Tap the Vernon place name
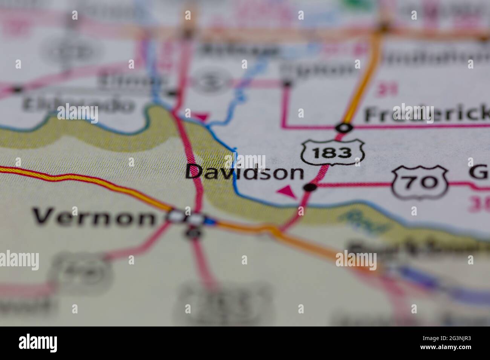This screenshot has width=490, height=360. (x=94, y=217)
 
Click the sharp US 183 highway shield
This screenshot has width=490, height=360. (x=332, y=153)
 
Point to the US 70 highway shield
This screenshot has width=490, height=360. (x=420, y=183)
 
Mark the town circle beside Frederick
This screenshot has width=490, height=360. (x=344, y=128)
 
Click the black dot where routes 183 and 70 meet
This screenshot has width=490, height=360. (x=310, y=187)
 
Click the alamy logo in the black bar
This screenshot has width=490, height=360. (x=38, y=343)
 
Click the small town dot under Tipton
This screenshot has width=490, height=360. (x=287, y=84)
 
